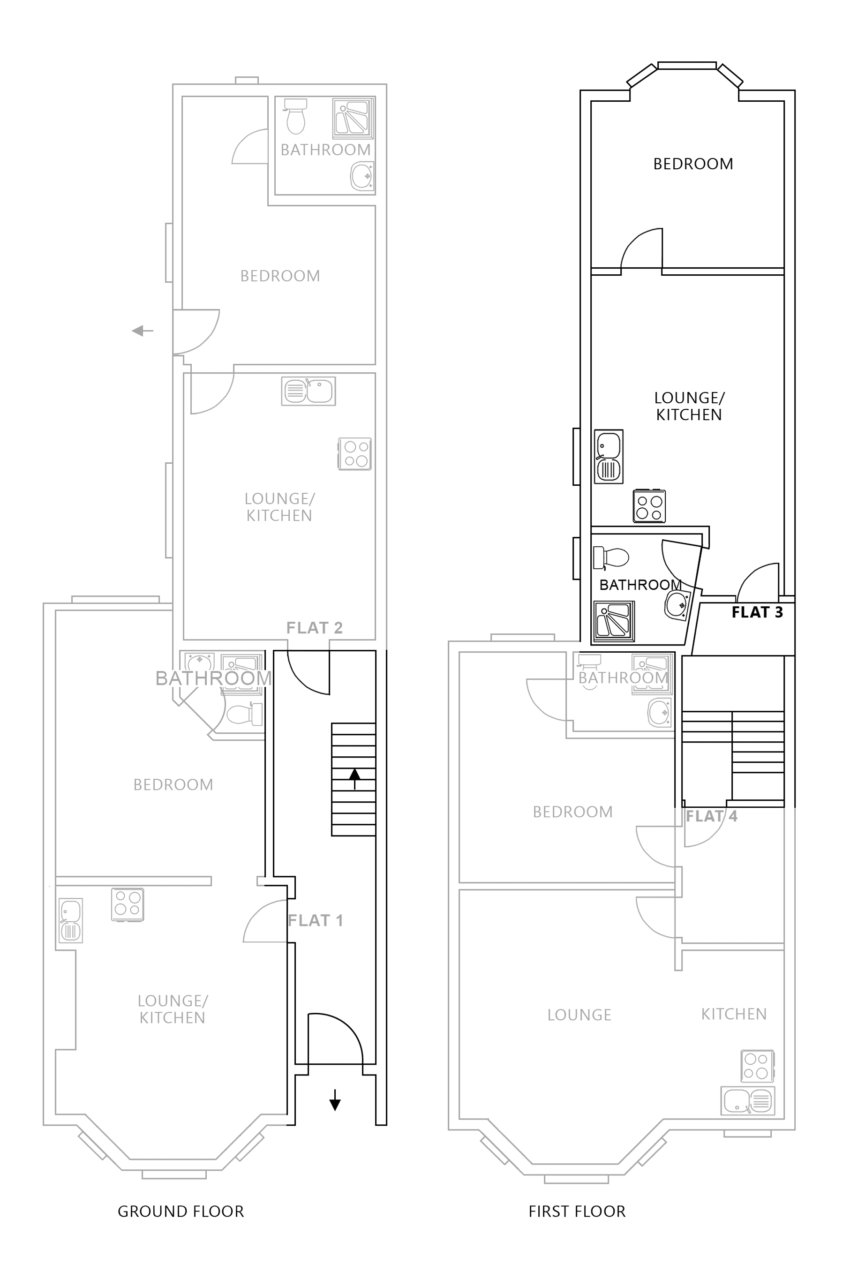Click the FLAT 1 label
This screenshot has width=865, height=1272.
(x=316, y=921)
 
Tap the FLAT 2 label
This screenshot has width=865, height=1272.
(x=314, y=628)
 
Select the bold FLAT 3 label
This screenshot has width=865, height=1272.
(x=757, y=612)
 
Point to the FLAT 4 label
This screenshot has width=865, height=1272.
(x=711, y=816)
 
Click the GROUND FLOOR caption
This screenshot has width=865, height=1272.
(x=181, y=1211)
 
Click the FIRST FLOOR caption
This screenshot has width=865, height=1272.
(x=577, y=1211)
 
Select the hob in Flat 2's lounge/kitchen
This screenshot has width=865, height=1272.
(x=355, y=454)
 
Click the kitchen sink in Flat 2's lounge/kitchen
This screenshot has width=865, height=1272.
(x=308, y=391)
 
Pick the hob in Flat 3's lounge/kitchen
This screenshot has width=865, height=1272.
(x=649, y=506)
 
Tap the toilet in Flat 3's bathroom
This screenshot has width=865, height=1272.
(x=611, y=558)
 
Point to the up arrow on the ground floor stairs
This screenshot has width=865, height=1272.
(x=354, y=778)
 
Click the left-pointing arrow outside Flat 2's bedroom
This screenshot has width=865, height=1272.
(x=143, y=331)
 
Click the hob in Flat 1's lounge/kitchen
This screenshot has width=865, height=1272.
(x=128, y=904)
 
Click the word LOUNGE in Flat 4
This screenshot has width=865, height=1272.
(x=579, y=1015)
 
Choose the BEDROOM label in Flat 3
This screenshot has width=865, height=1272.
(x=692, y=164)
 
